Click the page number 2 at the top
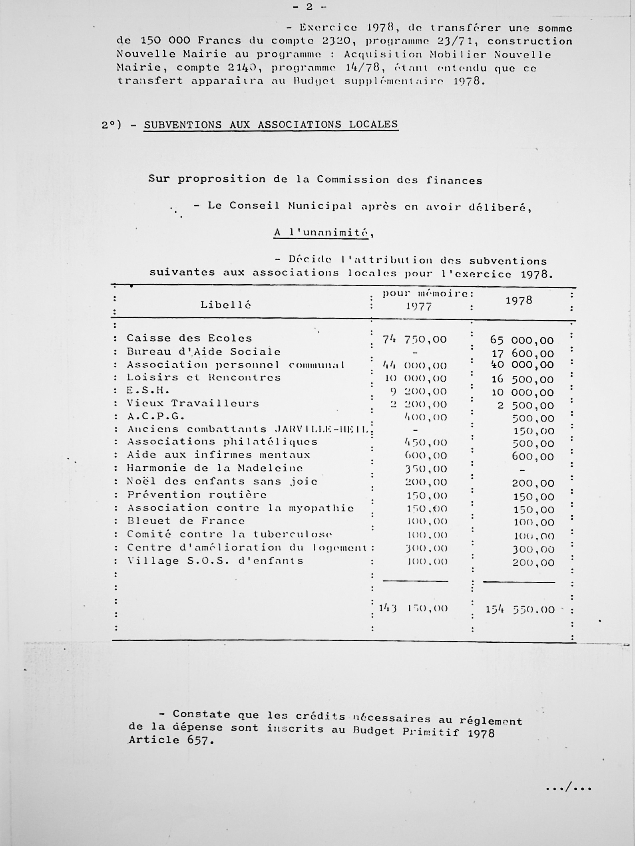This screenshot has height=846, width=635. [309, 7]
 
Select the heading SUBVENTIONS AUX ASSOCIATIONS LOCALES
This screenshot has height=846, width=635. [271, 125]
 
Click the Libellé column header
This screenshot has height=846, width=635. [226, 305]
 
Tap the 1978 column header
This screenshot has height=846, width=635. [519, 301]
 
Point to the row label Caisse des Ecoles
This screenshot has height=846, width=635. [189, 339]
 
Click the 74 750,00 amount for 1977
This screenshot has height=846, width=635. [414, 340]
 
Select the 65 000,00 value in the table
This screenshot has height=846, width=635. [522, 341]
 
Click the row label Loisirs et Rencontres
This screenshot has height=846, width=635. [204, 378]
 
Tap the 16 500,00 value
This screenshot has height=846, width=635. [522, 379]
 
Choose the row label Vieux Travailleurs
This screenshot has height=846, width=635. [193, 404]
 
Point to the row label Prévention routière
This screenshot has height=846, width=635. [197, 495]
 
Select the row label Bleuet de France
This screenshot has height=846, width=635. [186, 521]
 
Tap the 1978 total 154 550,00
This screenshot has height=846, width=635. [520, 610]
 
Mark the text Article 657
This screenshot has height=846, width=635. [171, 740]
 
